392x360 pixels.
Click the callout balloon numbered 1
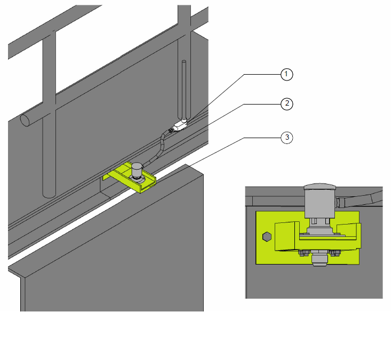pos(286,75)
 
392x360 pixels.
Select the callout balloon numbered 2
pos(286,104)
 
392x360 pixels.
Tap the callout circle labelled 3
pos(286,138)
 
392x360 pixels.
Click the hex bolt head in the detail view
pos(267,236)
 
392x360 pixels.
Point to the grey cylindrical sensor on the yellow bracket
pos(137,170)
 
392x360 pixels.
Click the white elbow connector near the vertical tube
pos(180,125)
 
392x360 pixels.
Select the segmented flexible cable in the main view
pos(157,148)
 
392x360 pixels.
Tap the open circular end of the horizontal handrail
pos(25,121)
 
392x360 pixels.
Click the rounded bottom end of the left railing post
pos(49,195)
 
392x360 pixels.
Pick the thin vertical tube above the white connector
pos(184,90)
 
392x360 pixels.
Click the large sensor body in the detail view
pos(320,204)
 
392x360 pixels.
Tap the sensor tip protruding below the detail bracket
pos(320,260)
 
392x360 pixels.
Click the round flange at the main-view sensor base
pos(137,179)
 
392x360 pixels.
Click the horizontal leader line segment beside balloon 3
pos(262,138)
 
